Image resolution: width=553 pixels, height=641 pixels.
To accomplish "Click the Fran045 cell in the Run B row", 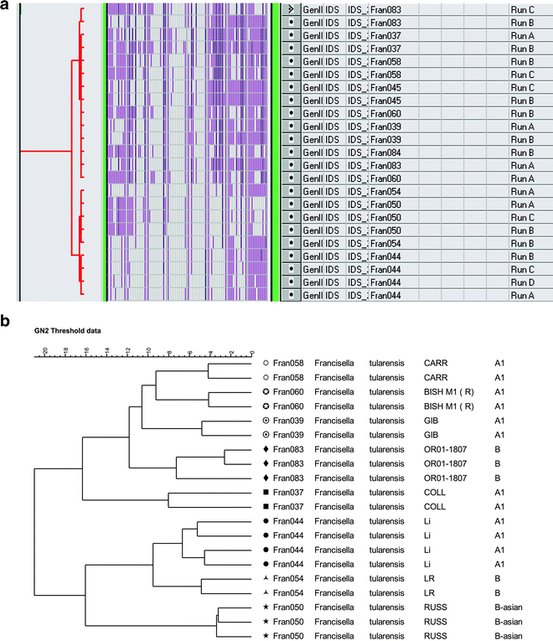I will (x=385, y=101).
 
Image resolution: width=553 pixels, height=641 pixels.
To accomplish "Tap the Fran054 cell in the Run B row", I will (x=385, y=243).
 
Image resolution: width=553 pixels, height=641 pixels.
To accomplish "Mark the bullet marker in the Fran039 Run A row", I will (x=290, y=127).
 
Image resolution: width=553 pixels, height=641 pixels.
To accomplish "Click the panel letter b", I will (x=6, y=319).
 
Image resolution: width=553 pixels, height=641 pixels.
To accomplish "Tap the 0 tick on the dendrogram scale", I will (x=252, y=351).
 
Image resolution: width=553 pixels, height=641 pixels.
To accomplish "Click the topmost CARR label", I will (x=436, y=364).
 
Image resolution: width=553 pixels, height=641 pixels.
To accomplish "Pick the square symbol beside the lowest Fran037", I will (x=266, y=508).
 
